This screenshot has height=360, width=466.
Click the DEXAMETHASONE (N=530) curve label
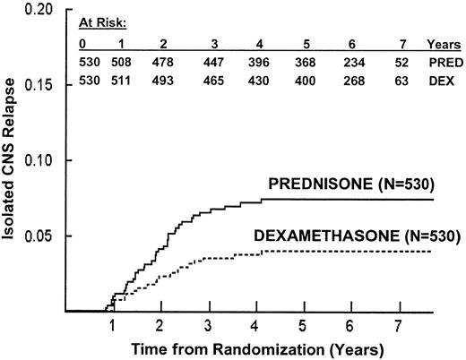click(362, 236)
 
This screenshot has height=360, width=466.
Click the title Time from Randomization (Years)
click(256, 347)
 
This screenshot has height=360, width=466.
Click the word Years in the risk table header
click(443, 42)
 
